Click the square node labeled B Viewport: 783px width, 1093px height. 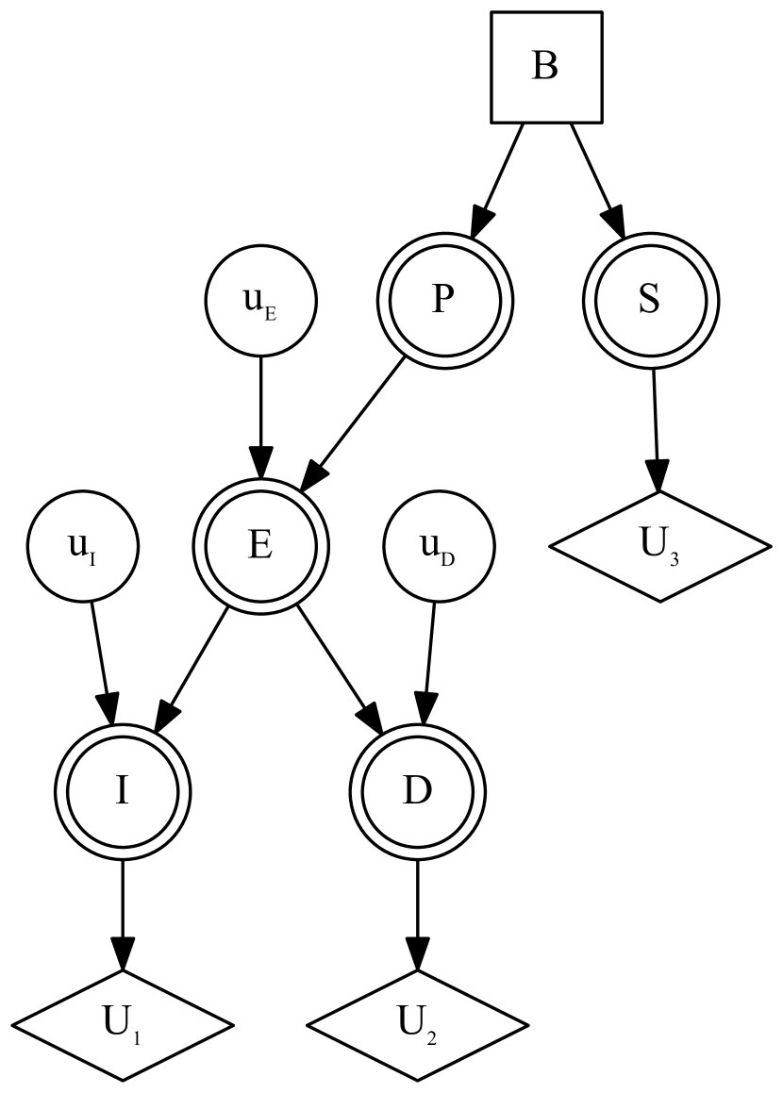click(546, 67)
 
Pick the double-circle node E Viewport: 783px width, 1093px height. click(261, 546)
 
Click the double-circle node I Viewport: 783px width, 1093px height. click(123, 790)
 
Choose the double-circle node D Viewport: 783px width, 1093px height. click(417, 790)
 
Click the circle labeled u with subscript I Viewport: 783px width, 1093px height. click(84, 546)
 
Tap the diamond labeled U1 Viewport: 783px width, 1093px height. click(123, 1024)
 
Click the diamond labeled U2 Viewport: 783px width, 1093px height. click(417, 1024)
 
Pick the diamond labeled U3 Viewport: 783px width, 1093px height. click(659, 546)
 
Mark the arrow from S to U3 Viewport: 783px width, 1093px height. click(655, 424)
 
